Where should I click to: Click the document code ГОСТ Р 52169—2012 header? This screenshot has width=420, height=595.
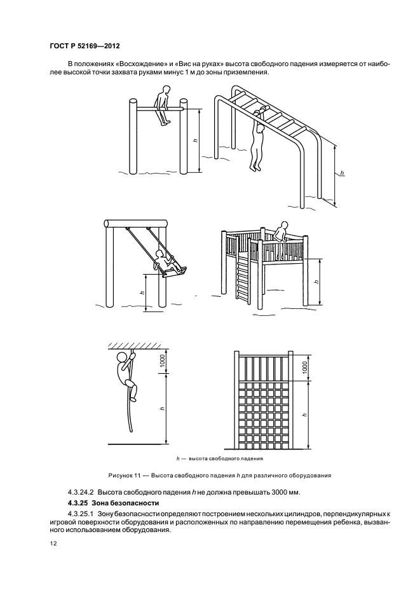click(85, 46)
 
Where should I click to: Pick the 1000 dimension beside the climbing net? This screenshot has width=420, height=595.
click(305, 367)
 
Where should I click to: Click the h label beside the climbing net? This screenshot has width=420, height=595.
click(305, 413)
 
